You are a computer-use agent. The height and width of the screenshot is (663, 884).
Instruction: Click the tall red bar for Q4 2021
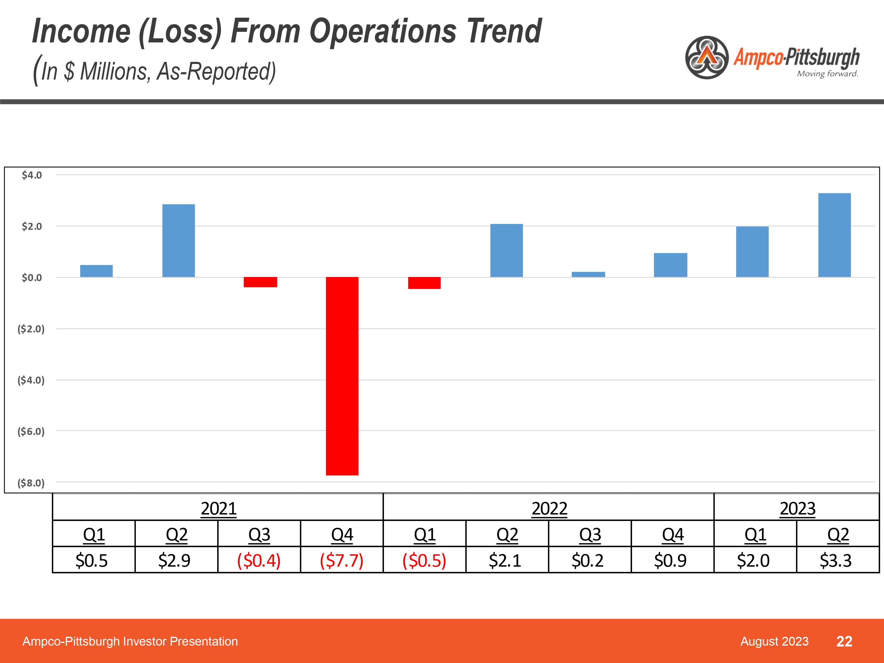[342, 376]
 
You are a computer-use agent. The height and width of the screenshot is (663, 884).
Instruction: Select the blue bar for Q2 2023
[834, 235]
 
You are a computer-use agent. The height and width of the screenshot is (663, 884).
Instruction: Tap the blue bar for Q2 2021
[179, 240]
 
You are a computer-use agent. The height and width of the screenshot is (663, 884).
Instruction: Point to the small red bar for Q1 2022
[424, 283]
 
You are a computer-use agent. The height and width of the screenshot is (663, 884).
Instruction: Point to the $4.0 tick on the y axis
[32, 175]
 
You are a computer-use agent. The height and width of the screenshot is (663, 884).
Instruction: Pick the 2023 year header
[797, 508]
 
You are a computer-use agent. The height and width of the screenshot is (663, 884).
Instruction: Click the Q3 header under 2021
[259, 534]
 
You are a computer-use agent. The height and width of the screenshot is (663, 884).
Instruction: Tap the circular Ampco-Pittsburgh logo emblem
[707, 57]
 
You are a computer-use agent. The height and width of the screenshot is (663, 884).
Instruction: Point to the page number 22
[844, 641]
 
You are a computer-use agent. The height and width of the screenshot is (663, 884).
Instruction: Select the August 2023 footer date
[774, 641]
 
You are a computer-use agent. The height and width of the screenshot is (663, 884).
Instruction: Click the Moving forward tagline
[827, 74]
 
